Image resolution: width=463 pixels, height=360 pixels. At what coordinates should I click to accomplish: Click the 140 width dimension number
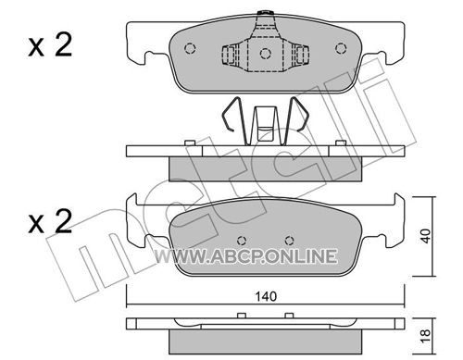266,296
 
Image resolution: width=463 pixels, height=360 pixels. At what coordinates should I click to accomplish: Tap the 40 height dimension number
426,236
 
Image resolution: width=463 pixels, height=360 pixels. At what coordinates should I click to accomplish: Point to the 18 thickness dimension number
426,336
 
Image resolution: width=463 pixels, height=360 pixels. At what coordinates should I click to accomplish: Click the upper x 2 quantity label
50,45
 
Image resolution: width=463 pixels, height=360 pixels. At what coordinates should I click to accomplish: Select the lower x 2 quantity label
50,221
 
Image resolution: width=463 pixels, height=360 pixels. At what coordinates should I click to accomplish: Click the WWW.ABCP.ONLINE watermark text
245,256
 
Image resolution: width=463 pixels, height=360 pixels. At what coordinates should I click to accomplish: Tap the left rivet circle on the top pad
190,48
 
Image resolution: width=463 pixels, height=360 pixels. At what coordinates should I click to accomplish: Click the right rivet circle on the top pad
341,48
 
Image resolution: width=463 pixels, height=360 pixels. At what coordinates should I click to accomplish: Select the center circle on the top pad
266,54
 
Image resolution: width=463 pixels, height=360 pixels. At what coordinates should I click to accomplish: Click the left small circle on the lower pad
243,240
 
